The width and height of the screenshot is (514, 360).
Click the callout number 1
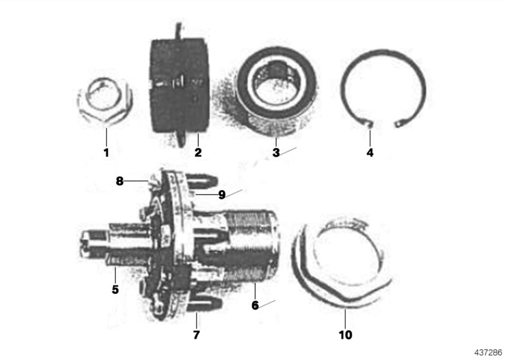pos(107,152)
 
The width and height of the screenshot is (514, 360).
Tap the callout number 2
pos(198,152)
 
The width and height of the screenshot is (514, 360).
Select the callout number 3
pos(275,152)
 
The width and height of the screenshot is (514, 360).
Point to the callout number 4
pos(369,152)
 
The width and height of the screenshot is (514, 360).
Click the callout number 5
pos(115,289)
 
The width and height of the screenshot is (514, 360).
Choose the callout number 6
pos(255,305)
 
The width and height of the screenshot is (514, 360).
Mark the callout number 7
pos(197,335)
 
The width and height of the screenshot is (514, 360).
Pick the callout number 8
pos(120,181)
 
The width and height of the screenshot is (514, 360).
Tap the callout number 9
pos(221,194)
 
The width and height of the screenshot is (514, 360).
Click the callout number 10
pos(344,335)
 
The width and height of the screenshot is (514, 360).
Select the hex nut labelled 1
pos(107,105)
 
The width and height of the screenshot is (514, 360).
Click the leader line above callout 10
pos(344,318)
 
